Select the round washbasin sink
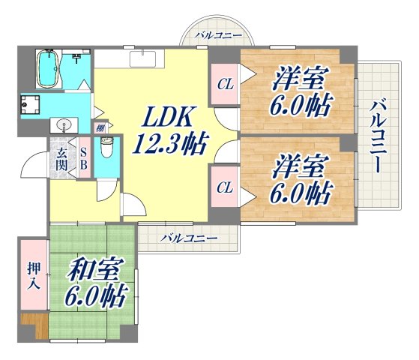[63, 124]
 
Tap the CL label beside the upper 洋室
[224, 85]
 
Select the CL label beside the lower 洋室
[224, 187]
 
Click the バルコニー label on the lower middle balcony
[188, 238]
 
